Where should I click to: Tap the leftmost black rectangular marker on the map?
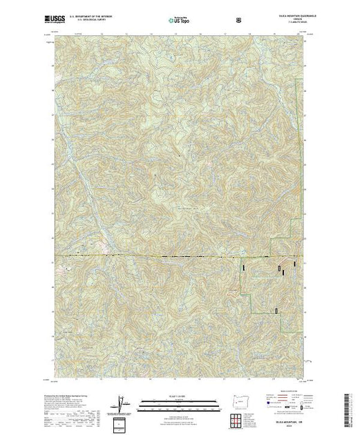click(243, 265)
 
